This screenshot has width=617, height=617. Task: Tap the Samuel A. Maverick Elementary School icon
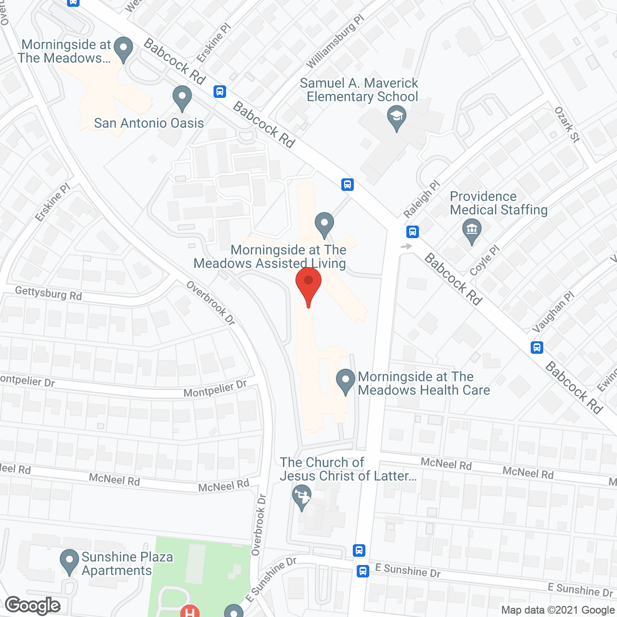[397, 118]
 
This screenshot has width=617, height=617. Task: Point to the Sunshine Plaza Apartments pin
[69, 561]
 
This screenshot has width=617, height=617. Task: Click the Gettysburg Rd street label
[48, 293]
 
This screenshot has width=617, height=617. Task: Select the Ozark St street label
[567, 124]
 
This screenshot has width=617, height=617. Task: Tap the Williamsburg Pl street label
[335, 41]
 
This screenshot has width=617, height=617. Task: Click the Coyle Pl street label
[484, 260]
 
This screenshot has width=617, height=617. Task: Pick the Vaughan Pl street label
[553, 312]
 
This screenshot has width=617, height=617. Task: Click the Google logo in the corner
[33, 605]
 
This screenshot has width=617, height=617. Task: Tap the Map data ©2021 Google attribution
[558, 610]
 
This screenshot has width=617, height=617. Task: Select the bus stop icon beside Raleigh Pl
[412, 232]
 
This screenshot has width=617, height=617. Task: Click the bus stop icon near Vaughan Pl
[537, 347]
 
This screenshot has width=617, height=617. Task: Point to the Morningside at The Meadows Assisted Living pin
[324, 224]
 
